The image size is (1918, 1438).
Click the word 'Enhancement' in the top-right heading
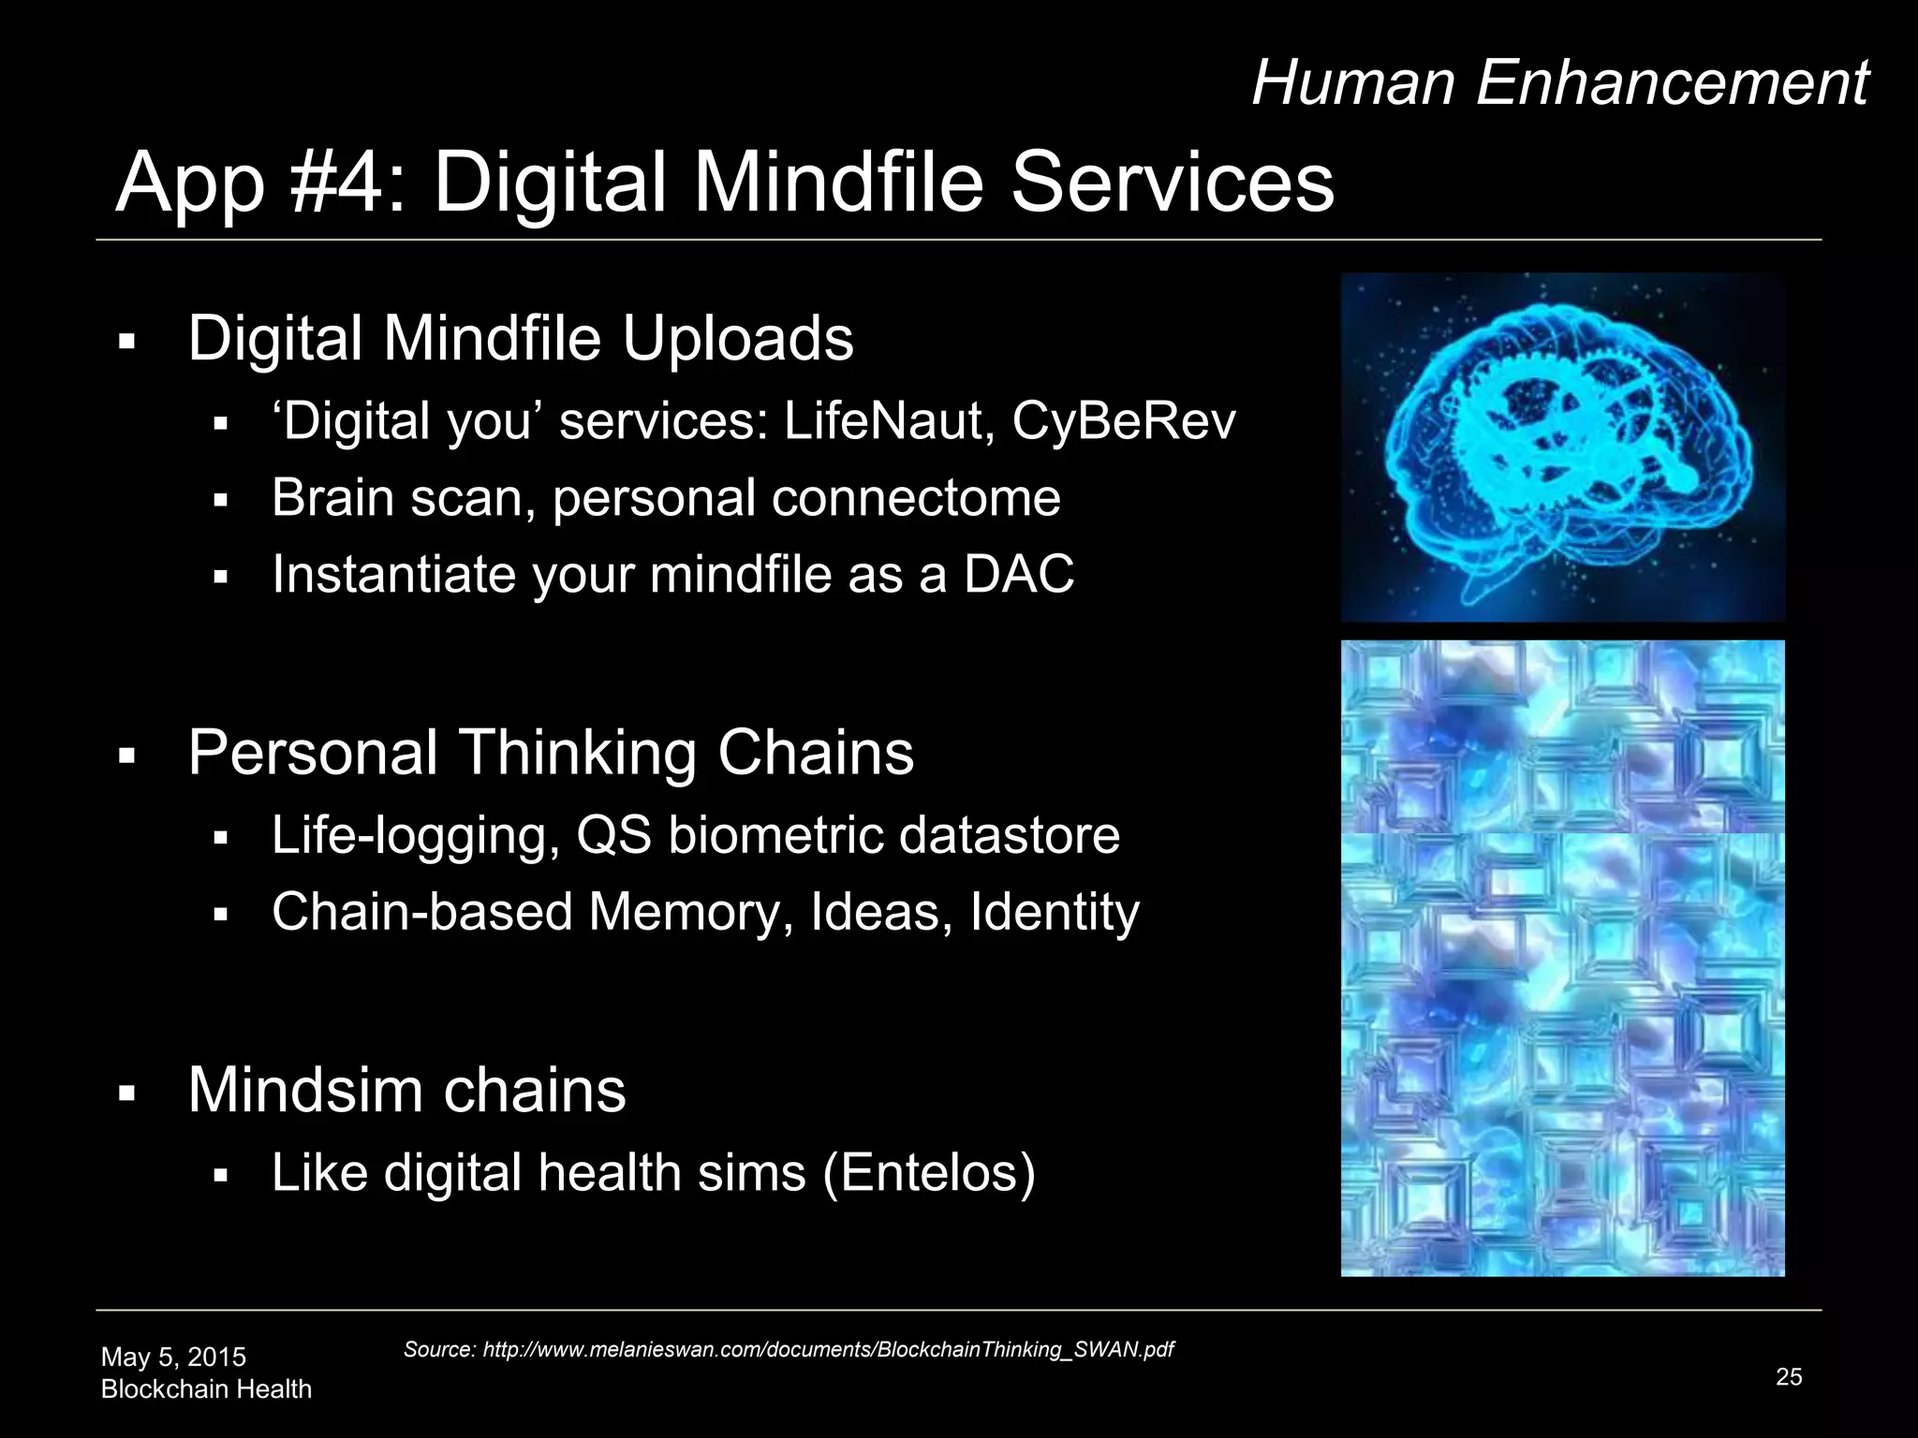(x=1673, y=82)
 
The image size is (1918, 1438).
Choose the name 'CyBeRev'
(x=1124, y=421)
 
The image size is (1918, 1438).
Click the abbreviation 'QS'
(x=613, y=835)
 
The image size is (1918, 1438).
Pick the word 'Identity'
(x=1055, y=912)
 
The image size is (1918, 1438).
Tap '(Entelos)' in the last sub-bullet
(x=929, y=1172)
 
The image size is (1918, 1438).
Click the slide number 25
(x=1788, y=1376)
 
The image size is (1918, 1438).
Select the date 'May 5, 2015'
(x=173, y=1357)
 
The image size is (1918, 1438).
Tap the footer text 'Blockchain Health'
(x=206, y=1388)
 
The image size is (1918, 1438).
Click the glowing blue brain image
(x=1562, y=448)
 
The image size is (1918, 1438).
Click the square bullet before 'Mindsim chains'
(x=128, y=1093)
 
